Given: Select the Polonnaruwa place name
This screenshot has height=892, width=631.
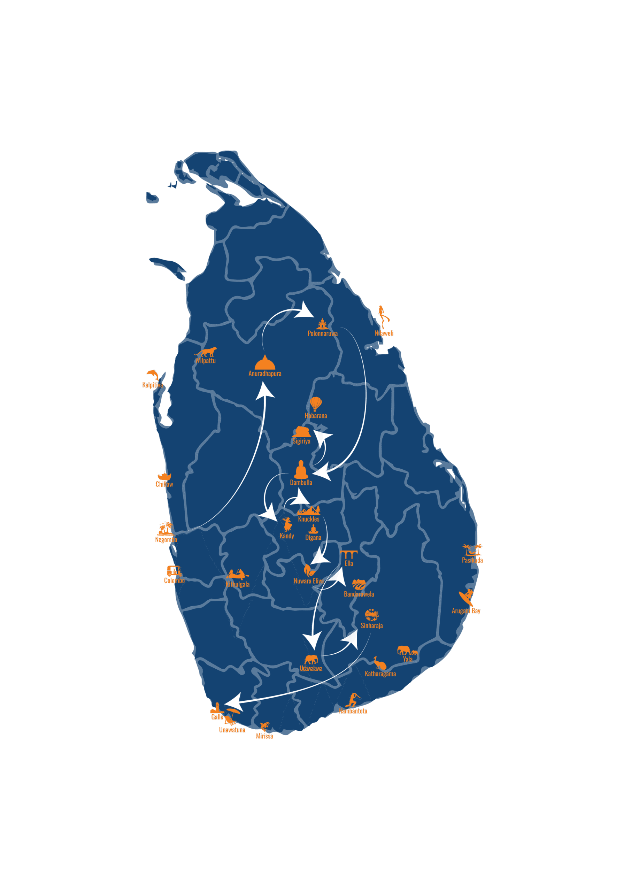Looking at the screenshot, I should tap(323, 333).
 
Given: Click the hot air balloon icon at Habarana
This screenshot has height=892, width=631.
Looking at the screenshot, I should tap(316, 403).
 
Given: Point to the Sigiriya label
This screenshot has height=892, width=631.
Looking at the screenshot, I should tap(301, 441).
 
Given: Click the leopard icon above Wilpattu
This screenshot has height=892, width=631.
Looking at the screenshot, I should tap(206, 352).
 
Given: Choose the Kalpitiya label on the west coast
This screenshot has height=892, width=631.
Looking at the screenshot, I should tap(152, 385).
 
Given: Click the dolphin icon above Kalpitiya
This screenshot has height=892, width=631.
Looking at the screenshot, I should tap(153, 375).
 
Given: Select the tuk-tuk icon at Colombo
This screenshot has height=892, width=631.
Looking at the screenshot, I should tap(174, 571).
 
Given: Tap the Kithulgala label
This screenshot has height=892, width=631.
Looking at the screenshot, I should tap(237, 584).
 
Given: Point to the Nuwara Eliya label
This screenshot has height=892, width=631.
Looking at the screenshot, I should tap(308, 581).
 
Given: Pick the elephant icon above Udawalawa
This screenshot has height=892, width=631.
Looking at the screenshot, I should tap(311, 659).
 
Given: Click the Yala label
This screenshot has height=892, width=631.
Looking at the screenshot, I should tap(408, 659).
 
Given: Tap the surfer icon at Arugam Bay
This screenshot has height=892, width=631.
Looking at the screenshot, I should tap(467, 597).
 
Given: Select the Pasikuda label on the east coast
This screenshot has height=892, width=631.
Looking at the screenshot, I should tap(472, 560).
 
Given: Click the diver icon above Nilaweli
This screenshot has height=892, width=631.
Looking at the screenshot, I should tap(383, 316).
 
